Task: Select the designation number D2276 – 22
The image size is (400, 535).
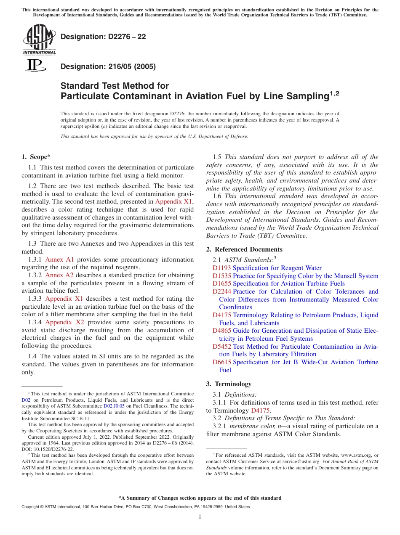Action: coord(103,37)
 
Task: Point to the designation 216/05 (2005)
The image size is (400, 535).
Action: coord(108,66)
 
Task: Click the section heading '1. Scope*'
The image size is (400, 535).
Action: coord(36,157)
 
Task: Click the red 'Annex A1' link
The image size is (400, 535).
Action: coord(59,260)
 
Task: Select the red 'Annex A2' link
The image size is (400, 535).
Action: coord(59,275)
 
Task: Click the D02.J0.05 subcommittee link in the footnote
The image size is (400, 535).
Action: coord(114,406)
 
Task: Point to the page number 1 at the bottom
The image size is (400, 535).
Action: coord(200,517)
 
